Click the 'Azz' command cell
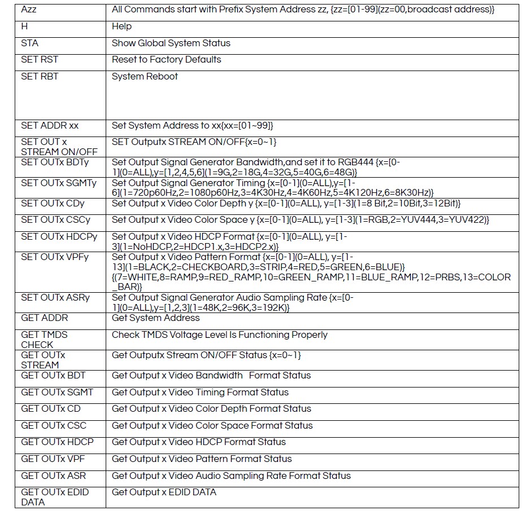pos(29,10)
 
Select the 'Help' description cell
pos(121,27)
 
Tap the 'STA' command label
pos(30,43)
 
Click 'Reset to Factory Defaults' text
pos(166,59)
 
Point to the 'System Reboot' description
pos(145,76)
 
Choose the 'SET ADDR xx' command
pos(50,125)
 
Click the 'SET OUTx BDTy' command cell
pos(55,162)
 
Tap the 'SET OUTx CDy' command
pos(52,203)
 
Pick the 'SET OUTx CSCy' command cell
pos(55,219)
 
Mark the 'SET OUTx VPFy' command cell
pos(55,257)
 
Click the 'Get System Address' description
pos(156,318)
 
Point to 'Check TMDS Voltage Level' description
pos(219,334)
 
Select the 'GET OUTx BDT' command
pos(53,375)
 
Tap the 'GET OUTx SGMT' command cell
pos(57,392)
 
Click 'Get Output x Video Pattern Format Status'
pos(202,459)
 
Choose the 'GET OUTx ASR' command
pos(54,476)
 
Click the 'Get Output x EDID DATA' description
pos(164,492)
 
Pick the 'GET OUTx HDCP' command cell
pos(57,442)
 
